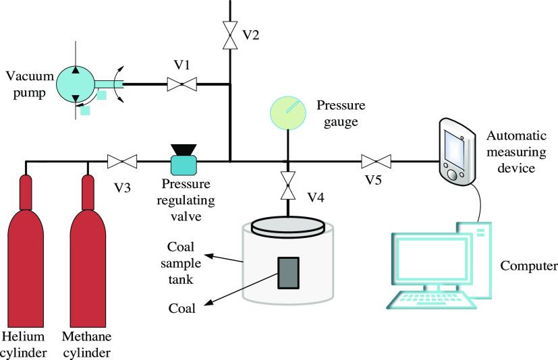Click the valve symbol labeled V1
click(182, 84)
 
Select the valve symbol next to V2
click(230, 35)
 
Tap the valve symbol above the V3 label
click(122, 162)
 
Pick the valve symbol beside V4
click(287, 185)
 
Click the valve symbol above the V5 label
click(376, 162)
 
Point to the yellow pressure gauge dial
click(288, 113)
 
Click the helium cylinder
click(26, 251)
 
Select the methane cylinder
click(88, 251)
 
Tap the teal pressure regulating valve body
click(184, 165)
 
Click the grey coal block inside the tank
click(288, 273)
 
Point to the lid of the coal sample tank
click(288, 227)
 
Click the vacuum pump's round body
click(76, 85)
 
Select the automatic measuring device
click(457, 152)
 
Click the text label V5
click(373, 180)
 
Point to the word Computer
click(529, 266)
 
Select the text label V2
click(251, 35)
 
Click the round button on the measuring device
click(452, 175)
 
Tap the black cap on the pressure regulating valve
click(184, 150)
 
